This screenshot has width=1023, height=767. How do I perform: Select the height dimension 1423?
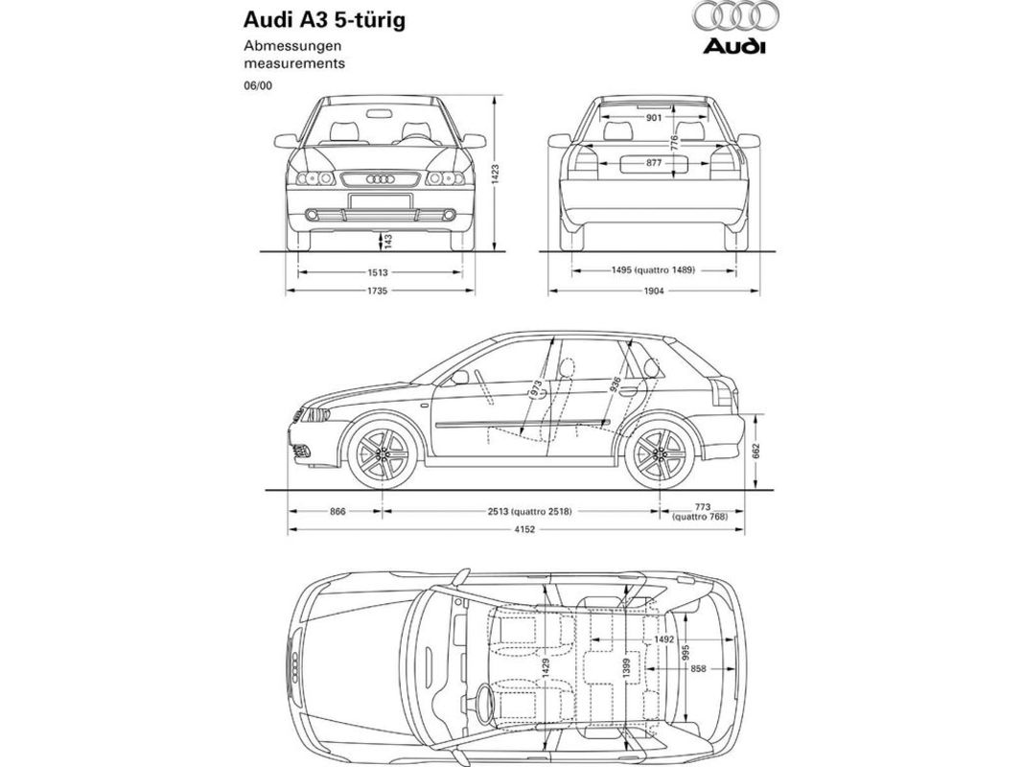495,174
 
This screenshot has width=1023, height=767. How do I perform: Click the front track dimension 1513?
378,271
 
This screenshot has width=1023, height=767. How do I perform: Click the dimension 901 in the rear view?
654,118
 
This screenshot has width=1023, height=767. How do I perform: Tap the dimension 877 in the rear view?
653,164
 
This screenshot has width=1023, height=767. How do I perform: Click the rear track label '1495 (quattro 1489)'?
653,271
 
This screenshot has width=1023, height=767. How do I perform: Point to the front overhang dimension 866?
337,512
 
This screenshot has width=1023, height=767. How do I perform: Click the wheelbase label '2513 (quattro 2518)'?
529,512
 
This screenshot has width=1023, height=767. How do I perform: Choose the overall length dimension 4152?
521,530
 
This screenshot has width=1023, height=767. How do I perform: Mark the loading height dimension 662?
756,452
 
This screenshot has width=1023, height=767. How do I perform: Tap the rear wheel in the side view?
659,455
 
